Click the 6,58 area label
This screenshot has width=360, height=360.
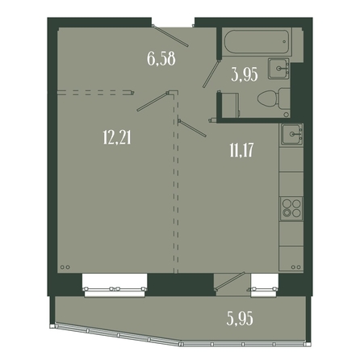click(x=161, y=59)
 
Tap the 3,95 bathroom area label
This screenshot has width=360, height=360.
click(x=245, y=74)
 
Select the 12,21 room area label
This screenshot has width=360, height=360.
click(x=117, y=137)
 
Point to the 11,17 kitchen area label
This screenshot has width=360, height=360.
click(x=241, y=150)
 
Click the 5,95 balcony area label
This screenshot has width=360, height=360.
click(x=240, y=319)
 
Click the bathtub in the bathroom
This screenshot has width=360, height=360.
click(x=256, y=42)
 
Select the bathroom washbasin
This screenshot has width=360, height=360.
click(x=278, y=69)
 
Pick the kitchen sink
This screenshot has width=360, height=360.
click(x=291, y=134)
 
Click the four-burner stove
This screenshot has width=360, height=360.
click(x=291, y=209)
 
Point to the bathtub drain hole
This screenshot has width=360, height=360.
click(x=284, y=42)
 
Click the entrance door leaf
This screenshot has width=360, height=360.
click(x=170, y=36)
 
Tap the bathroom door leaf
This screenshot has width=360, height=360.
click(x=211, y=73)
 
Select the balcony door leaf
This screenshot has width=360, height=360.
click(x=229, y=281)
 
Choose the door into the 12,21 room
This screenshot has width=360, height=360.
click(x=153, y=101)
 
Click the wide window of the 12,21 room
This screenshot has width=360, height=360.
click(x=115, y=286)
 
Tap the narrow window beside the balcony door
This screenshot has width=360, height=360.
click(x=264, y=286)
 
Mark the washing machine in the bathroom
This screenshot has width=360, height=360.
click(x=229, y=106)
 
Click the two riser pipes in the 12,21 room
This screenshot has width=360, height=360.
click(x=65, y=267)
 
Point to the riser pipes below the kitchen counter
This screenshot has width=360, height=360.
click(x=296, y=267)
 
